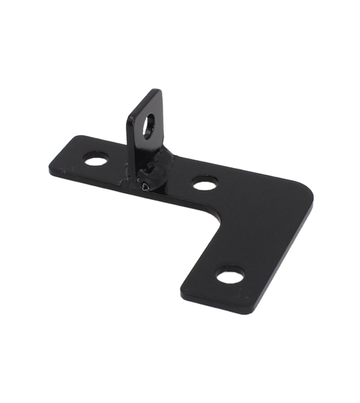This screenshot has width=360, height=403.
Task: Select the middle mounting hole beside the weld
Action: tap(201, 181)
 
